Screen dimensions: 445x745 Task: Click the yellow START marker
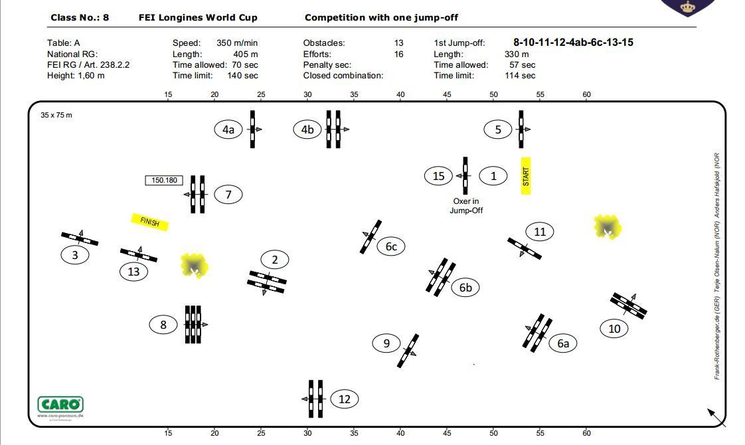(x=526, y=176)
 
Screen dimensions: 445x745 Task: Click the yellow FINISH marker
(x=150, y=222)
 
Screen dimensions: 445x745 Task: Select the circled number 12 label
(x=344, y=399)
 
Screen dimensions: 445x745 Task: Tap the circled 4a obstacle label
(x=228, y=129)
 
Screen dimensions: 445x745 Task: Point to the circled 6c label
(x=391, y=246)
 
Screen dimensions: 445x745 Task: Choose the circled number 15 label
(x=438, y=176)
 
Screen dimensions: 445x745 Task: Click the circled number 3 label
(x=75, y=255)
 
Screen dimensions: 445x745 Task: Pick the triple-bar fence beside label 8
(x=193, y=324)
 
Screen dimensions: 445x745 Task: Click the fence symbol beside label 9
(x=408, y=350)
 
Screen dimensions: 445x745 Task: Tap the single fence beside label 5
(x=521, y=129)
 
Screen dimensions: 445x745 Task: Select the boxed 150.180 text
(x=164, y=180)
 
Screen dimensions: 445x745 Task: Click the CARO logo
(x=60, y=405)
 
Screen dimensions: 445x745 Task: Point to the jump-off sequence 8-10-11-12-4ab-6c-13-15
(x=573, y=43)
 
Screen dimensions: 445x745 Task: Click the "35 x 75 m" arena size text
(x=56, y=115)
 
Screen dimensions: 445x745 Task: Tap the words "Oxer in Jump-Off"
(x=466, y=206)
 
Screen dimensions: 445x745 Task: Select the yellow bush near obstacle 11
(x=608, y=228)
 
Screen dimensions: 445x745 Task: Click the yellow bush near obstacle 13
(x=195, y=266)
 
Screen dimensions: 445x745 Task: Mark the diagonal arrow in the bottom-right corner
(x=716, y=416)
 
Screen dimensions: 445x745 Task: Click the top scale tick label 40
(x=400, y=94)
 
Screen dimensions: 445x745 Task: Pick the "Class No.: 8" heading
(x=80, y=17)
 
